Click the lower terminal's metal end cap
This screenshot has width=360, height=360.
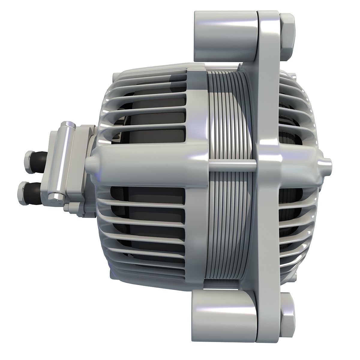[x=22, y=190]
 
